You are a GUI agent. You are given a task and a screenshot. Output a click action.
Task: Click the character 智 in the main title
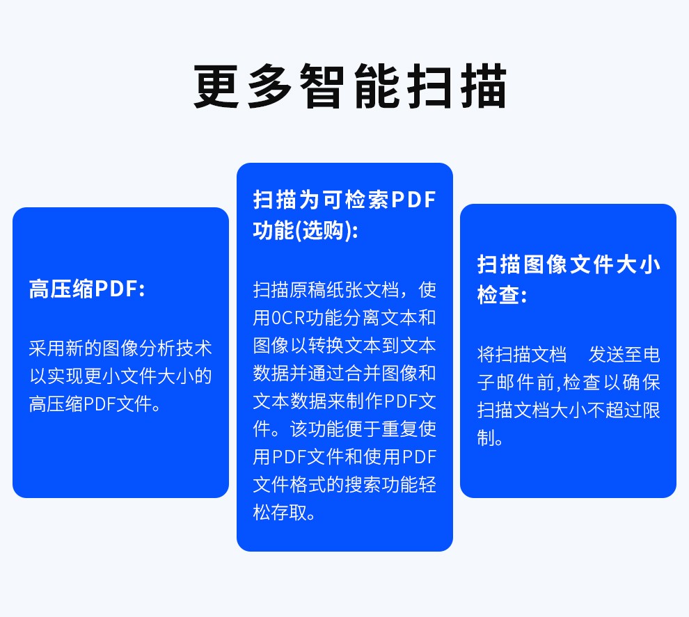point(322,86)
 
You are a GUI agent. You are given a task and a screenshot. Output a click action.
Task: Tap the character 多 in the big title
point(269,86)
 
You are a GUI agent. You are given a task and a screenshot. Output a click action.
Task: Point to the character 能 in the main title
point(377,86)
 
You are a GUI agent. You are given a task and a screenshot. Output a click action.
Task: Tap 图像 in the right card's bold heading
point(546,264)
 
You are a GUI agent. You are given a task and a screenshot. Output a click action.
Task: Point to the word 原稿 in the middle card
point(308,290)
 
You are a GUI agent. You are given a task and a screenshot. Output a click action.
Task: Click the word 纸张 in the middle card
point(345,290)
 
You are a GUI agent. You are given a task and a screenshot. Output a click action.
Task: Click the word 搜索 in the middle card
point(363,485)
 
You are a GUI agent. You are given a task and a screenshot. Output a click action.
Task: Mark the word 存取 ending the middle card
point(290,513)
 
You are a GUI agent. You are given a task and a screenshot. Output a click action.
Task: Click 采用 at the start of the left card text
point(47,348)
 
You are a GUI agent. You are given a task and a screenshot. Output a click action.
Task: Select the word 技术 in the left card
point(193,348)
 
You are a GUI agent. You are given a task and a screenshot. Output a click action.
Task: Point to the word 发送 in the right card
point(606,355)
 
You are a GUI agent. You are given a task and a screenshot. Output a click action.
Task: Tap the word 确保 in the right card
point(642,383)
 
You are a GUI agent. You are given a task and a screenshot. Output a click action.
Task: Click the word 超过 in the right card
point(624,410)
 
